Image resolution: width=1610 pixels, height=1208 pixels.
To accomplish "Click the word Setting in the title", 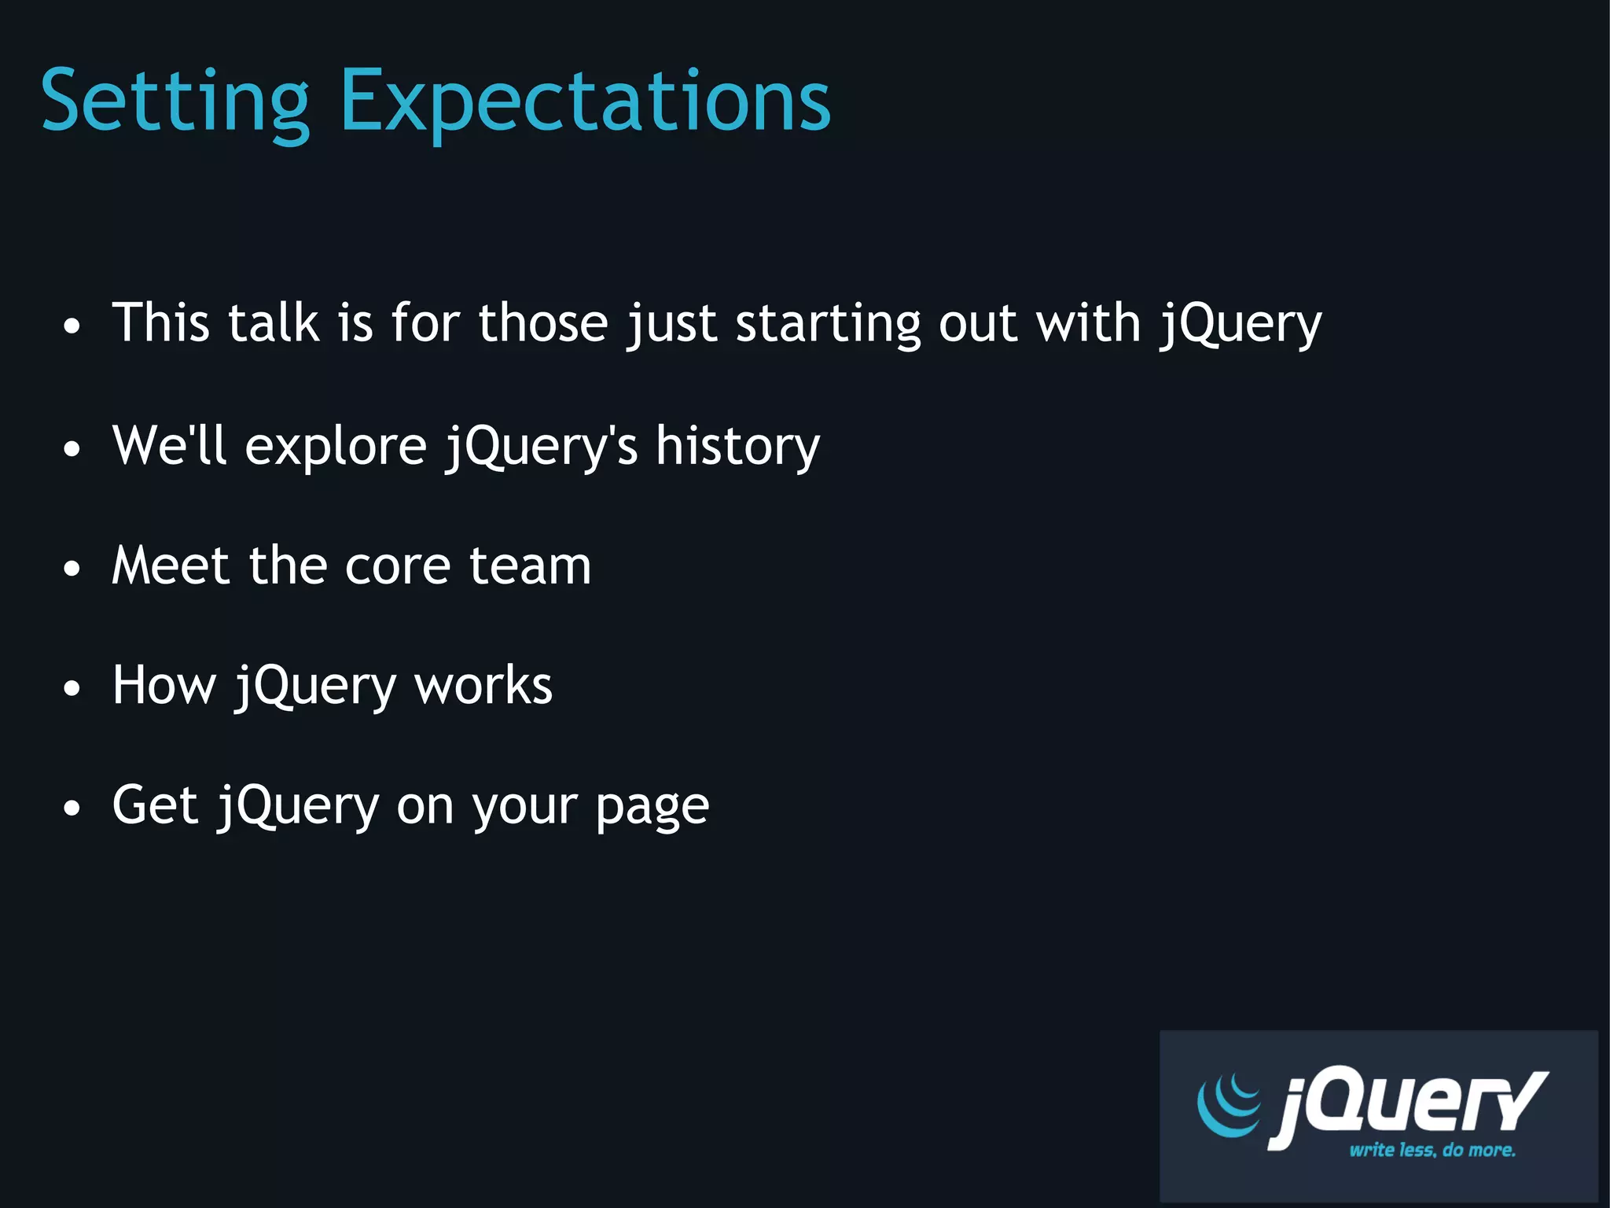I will point(175,102).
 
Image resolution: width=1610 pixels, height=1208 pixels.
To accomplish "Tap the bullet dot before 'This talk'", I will point(72,326).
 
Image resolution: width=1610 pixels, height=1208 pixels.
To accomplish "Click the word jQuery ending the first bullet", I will point(1241,324).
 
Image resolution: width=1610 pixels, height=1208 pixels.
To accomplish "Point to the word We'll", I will point(169,445).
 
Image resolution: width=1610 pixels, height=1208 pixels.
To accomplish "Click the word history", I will point(737,447).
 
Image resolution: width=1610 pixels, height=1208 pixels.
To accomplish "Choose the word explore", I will point(336,447).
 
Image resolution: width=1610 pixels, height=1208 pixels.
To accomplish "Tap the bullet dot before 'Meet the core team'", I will point(72,568).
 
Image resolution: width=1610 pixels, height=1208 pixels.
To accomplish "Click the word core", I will point(397,566).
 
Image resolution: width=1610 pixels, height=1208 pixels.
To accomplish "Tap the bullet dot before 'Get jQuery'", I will point(72,808).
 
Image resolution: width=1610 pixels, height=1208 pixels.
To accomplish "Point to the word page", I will point(652,808).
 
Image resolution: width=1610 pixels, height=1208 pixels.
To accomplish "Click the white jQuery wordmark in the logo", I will point(1407,1105).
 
